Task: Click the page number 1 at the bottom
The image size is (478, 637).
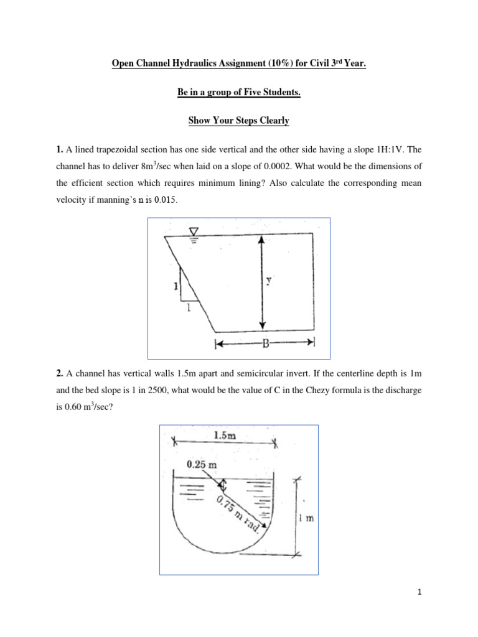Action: pos(420,593)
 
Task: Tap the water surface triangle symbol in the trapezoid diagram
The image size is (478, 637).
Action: pos(193,232)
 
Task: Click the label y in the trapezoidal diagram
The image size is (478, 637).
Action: pos(268,281)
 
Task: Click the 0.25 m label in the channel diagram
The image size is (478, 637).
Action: pos(202,463)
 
